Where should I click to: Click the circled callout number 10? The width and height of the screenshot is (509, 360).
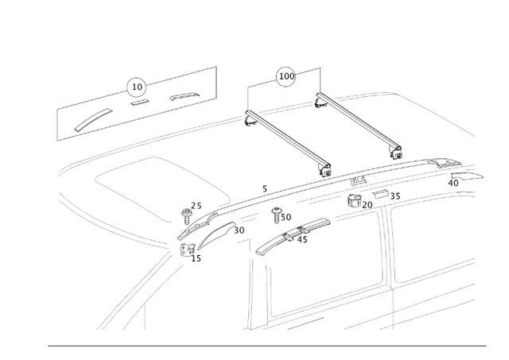[137, 86]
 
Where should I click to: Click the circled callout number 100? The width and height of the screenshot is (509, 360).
[286, 76]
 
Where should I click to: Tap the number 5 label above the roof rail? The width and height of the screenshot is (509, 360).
[264, 189]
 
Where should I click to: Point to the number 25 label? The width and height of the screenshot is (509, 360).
[196, 206]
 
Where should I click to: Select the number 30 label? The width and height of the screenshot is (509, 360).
[239, 230]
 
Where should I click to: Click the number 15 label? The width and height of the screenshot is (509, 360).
[196, 258]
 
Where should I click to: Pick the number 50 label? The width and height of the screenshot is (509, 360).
[286, 217]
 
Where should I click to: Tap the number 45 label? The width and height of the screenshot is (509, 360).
[302, 239]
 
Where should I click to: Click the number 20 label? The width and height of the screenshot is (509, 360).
[367, 205]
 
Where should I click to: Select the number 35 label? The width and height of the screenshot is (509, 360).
[395, 195]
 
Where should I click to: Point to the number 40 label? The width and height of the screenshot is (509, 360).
[453, 183]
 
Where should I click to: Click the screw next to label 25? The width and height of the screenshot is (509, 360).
[188, 214]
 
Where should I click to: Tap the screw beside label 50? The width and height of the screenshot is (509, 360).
[277, 214]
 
